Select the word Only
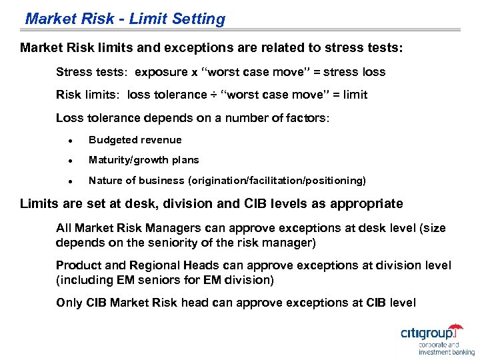pos(69,303)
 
